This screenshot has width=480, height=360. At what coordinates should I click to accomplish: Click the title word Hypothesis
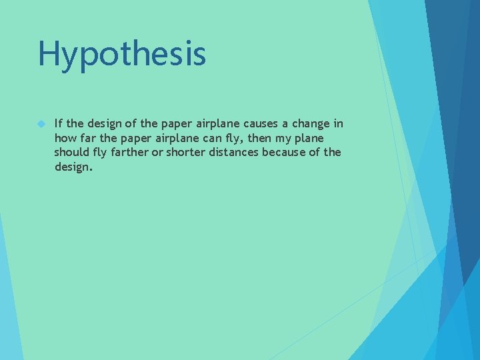pos(122,55)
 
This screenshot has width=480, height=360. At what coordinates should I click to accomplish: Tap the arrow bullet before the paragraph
pos(41,124)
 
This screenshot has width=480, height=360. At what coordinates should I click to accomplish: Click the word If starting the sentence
pos(59,123)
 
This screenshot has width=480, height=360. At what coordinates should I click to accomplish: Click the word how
pos(65,138)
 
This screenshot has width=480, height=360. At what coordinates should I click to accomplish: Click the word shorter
pos(187,152)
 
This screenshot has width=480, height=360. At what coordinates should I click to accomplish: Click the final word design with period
pos(73,167)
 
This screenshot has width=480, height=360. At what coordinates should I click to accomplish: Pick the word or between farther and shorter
pos(159,153)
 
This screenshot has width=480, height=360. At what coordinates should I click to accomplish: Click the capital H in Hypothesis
pos(49,53)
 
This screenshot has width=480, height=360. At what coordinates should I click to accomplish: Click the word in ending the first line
pos(339,123)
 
